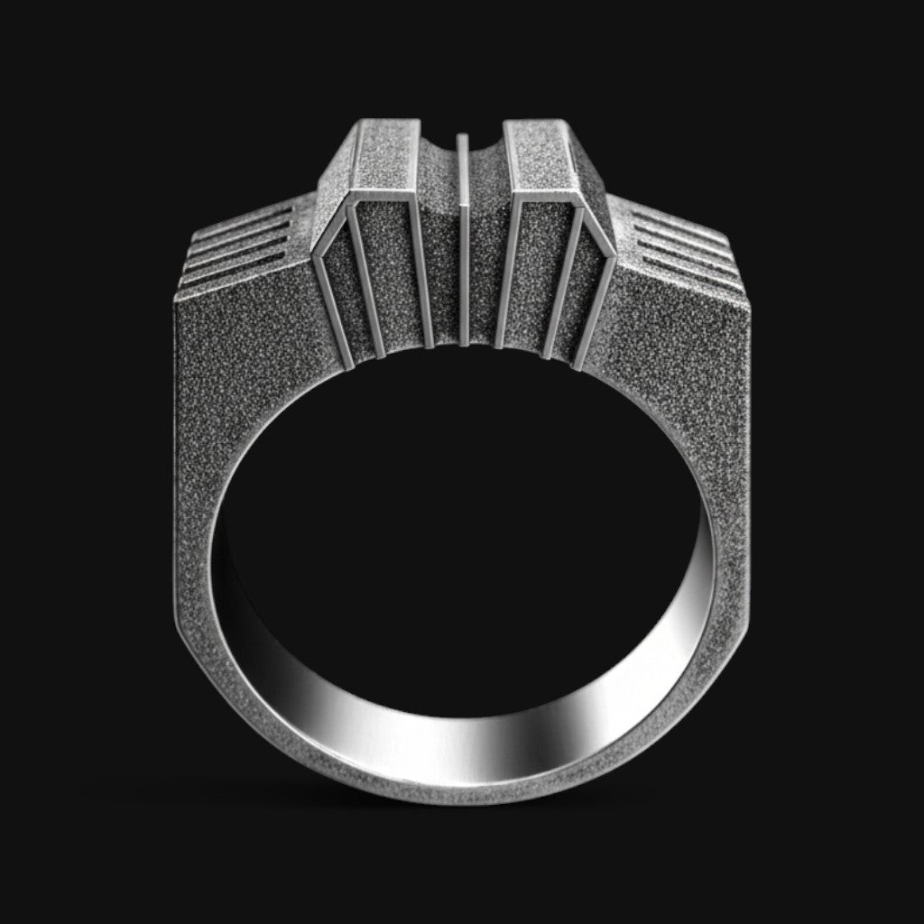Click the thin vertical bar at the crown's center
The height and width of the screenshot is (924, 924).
pos(463,239)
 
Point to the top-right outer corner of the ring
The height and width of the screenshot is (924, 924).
pos(747,302)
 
